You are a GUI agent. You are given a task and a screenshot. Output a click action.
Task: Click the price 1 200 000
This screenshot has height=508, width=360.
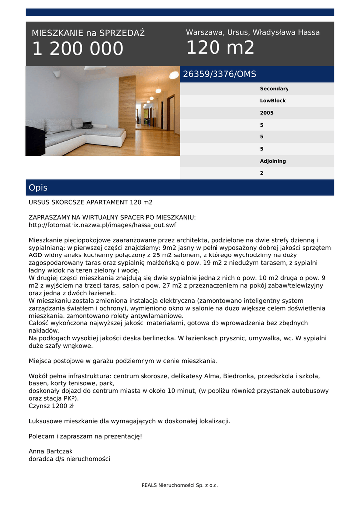pyautogui.click(x=77, y=49)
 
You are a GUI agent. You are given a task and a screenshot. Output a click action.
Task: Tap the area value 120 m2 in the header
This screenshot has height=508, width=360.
pyautogui.click(x=220, y=48)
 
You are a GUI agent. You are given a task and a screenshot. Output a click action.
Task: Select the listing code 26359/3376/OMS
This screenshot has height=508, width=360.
pyautogui.click(x=219, y=74)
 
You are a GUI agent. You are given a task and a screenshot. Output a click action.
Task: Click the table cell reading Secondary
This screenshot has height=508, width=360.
pyautogui.click(x=274, y=89)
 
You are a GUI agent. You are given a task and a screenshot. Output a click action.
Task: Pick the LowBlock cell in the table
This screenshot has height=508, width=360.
pyautogui.click(x=273, y=101)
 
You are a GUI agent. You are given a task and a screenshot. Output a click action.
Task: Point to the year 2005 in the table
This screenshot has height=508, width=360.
pyautogui.click(x=267, y=113)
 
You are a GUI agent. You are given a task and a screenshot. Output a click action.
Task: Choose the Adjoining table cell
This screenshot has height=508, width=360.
pyautogui.click(x=273, y=161)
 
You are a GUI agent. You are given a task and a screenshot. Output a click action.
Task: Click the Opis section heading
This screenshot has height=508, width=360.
pyautogui.click(x=38, y=188)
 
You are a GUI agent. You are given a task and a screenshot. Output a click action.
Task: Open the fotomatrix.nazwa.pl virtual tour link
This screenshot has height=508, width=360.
pyautogui.click(x=102, y=225)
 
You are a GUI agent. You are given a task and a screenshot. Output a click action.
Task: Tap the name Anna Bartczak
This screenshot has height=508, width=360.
pyautogui.click(x=51, y=451)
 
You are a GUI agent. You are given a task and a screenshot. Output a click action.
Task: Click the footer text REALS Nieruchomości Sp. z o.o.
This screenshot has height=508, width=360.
pyautogui.click(x=180, y=485)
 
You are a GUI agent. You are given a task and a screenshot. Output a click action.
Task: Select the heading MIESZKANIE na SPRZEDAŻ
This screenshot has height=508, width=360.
pyautogui.click(x=88, y=33)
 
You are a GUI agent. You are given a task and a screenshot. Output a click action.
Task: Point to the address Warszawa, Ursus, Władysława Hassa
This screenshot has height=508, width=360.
pyautogui.click(x=253, y=32)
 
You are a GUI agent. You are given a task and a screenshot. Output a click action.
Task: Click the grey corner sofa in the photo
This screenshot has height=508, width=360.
pyautogui.click(x=74, y=133)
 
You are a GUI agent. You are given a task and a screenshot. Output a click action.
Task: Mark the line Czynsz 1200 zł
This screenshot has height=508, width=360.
pyautogui.click(x=51, y=406)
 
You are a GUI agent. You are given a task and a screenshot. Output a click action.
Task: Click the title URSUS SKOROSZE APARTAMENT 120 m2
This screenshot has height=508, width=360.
pyautogui.click(x=91, y=202)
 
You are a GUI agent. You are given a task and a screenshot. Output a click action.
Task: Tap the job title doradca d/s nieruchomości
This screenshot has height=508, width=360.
pyautogui.click(x=70, y=459)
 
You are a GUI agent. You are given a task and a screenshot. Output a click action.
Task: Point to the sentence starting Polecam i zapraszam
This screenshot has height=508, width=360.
pyautogui.click(x=85, y=436)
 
